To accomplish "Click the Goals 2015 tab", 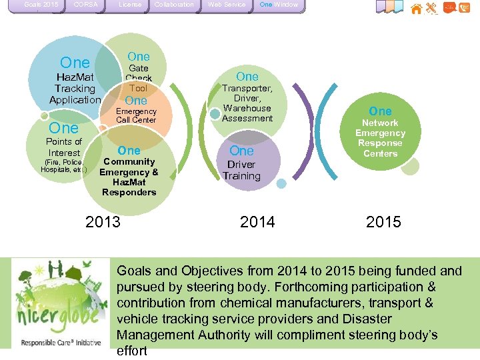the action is tap(41, 5).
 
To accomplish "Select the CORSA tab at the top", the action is tap(85, 5).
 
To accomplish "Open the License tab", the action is tap(130, 5).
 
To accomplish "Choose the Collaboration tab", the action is tap(174, 5).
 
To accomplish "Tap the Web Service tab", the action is tap(227, 5).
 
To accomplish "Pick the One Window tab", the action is tap(279, 5).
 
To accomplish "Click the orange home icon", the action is tap(417, 9).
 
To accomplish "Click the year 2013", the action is tap(103, 221).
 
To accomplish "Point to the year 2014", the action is tap(257, 221).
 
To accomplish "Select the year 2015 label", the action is tap(383, 221).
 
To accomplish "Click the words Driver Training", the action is tap(241, 171).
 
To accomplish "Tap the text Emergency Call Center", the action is tap(136, 116).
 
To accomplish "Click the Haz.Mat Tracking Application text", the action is tap(75, 89).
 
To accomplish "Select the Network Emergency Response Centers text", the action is tap(380, 138).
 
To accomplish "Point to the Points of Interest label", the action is tap(64, 147).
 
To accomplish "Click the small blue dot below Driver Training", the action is tap(281, 183).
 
